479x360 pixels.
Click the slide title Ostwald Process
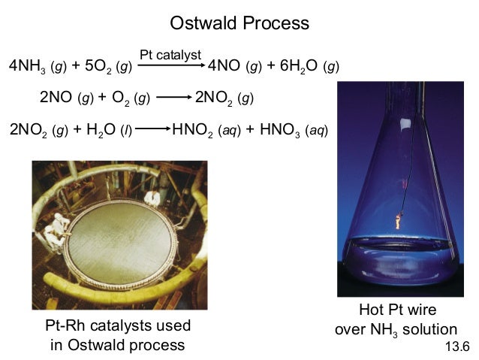239,23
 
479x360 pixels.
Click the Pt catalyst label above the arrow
170,54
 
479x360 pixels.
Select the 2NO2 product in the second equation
215,98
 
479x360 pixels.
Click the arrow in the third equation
152,129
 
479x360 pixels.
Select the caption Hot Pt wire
397,310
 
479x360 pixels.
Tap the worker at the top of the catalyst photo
152,197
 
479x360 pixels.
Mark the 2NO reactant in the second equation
54,98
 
